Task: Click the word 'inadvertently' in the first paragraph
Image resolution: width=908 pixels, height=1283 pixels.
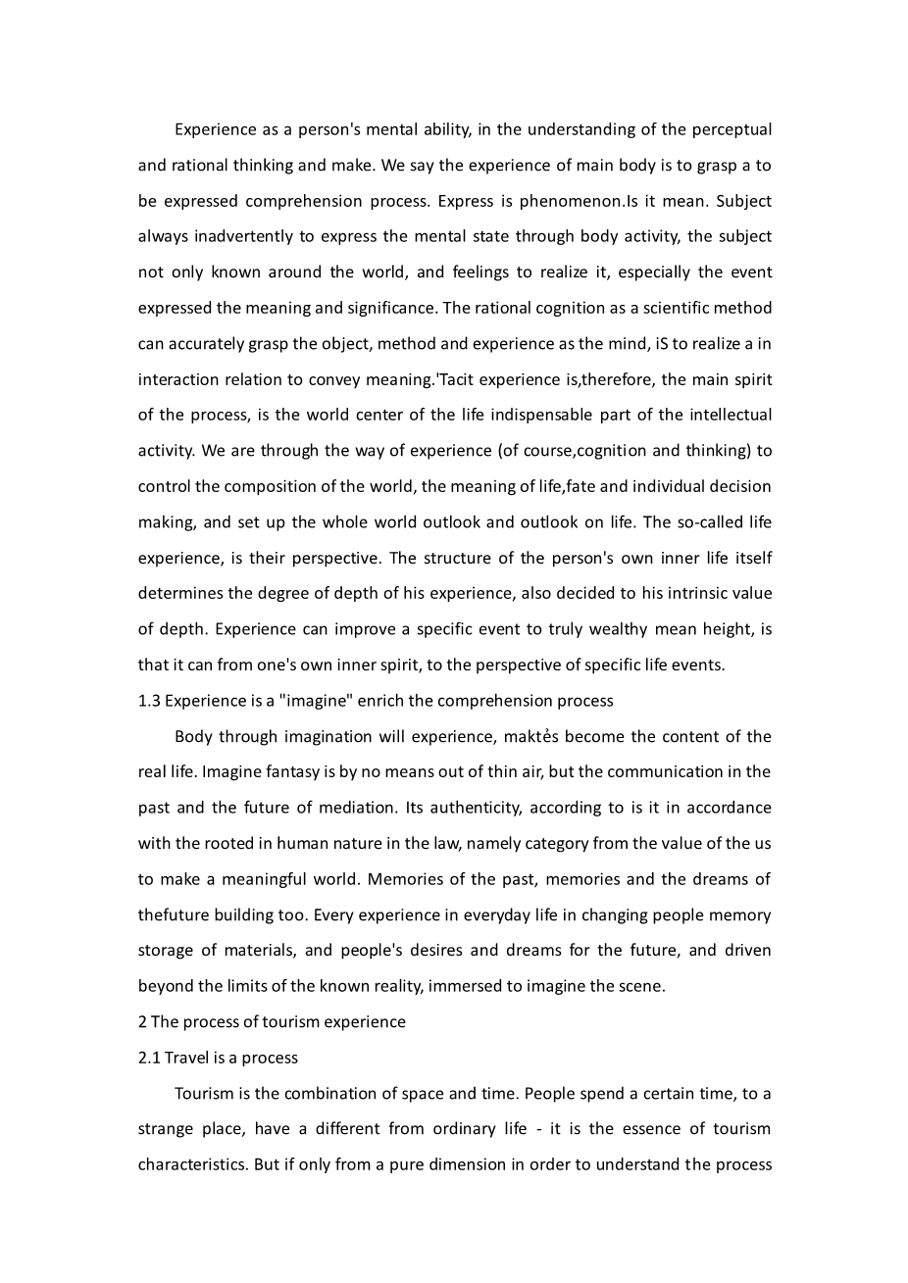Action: [239, 236]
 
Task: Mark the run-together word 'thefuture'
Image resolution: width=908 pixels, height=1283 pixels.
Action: [172, 914]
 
